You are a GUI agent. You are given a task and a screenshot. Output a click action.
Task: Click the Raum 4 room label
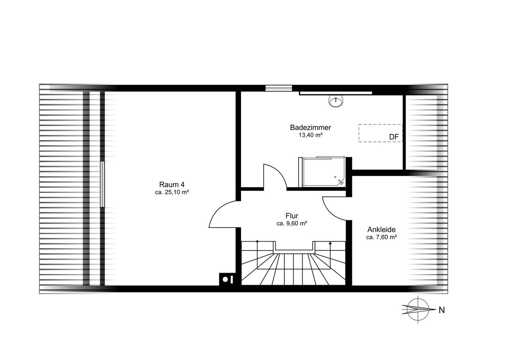click(x=172, y=184)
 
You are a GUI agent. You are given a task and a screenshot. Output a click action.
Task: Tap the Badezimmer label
click(x=311, y=127)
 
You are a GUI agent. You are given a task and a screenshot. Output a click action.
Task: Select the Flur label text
click(x=292, y=216)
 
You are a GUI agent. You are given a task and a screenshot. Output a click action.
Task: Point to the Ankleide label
click(x=381, y=229)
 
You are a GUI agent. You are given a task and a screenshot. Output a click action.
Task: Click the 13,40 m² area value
click(x=311, y=135)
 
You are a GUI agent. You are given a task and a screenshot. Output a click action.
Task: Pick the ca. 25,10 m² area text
click(x=172, y=192)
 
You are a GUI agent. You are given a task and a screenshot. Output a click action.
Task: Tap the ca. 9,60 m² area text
click(x=292, y=224)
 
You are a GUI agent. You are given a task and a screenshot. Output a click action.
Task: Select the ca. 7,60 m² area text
click(x=381, y=237)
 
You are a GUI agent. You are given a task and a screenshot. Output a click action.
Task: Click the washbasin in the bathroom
click(x=336, y=101)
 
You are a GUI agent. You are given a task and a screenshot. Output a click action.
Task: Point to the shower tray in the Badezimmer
click(x=322, y=172)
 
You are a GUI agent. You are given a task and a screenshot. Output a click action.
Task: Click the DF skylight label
click(x=394, y=137)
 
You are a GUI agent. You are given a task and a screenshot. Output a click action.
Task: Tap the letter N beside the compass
click(x=442, y=310)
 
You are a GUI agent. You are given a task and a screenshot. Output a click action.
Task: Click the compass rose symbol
click(x=418, y=309)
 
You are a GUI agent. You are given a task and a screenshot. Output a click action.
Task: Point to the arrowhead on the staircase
click(x=330, y=243)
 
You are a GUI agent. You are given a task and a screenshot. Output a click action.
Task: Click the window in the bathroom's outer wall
click(x=279, y=88)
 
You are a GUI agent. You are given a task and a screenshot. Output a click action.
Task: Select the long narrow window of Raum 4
click(x=103, y=184)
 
